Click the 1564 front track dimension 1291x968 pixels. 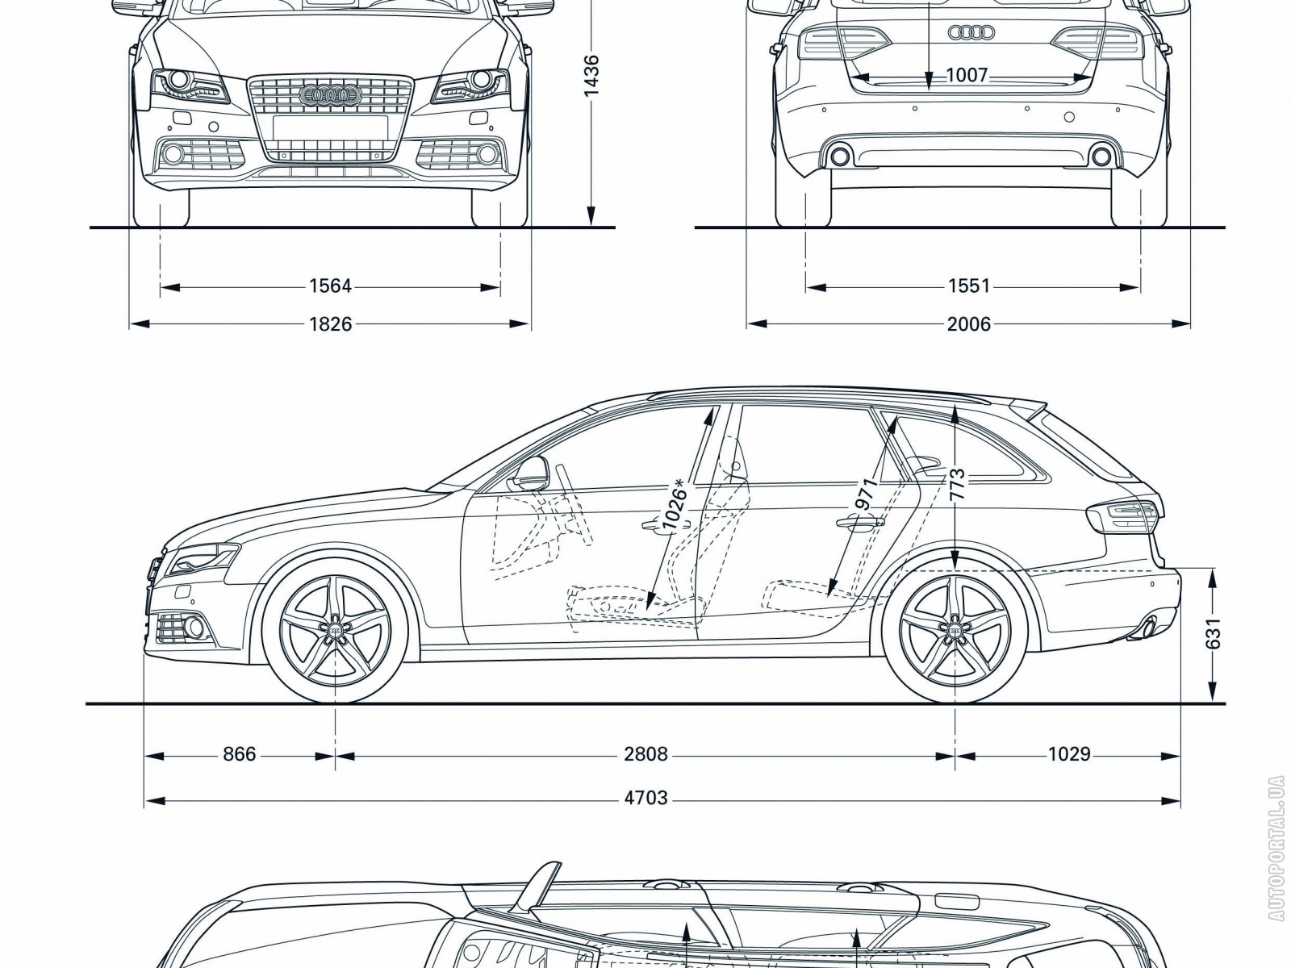(330, 286)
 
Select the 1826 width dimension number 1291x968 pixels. (330, 323)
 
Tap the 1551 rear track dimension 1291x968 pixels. (968, 286)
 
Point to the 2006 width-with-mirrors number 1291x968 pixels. (968, 323)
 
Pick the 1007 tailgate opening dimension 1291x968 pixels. (966, 76)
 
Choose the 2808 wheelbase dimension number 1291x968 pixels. (645, 754)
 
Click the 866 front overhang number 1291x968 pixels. (239, 754)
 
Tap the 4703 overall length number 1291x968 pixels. (645, 798)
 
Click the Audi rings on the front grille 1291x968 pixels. (329, 96)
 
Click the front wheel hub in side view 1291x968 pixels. (334, 628)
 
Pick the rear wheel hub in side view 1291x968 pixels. (955, 628)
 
